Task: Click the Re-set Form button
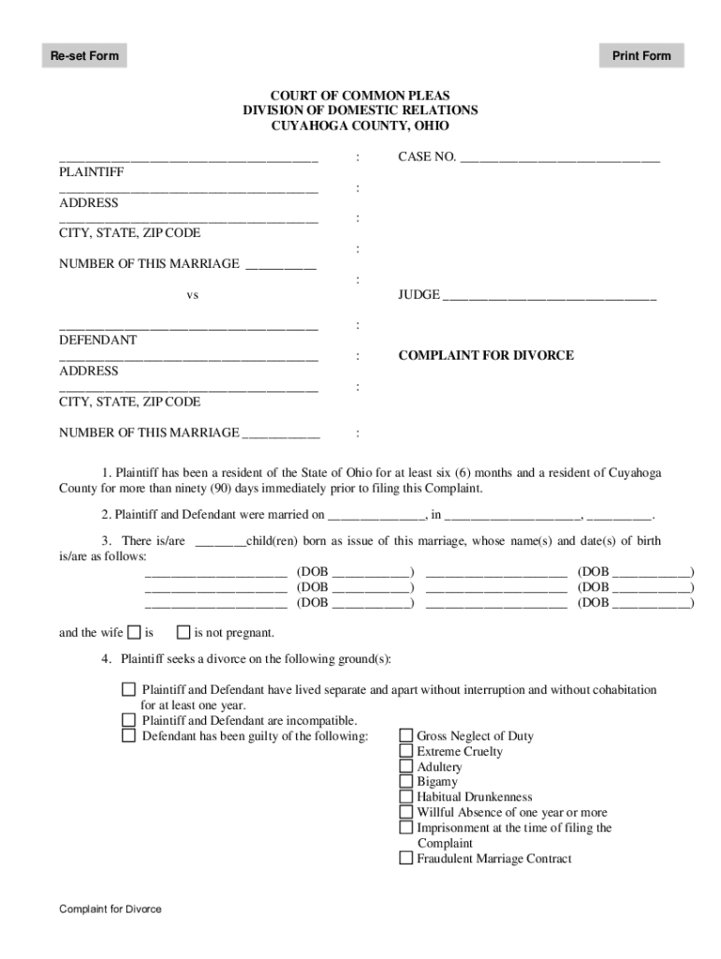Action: [x=84, y=56]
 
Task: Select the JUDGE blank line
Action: [x=549, y=295]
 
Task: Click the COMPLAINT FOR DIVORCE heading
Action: [x=486, y=356]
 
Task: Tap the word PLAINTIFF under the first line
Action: [x=92, y=172]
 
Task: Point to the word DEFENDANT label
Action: [x=98, y=340]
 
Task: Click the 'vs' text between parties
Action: [x=192, y=295]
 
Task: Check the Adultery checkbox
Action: [x=406, y=767]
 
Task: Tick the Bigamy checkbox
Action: [x=406, y=782]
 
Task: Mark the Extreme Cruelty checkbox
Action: [x=406, y=751]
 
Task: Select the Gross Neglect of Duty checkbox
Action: [x=406, y=736]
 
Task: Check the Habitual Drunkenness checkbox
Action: [x=406, y=797]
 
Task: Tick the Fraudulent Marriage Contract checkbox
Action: [x=406, y=859]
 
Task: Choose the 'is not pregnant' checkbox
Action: [x=184, y=632]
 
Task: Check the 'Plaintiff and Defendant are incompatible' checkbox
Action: [x=128, y=720]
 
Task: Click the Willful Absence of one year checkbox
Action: [x=406, y=813]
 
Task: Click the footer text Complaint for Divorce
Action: [x=110, y=909]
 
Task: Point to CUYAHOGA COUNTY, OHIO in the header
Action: [x=360, y=125]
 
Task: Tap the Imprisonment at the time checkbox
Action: [x=406, y=828]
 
